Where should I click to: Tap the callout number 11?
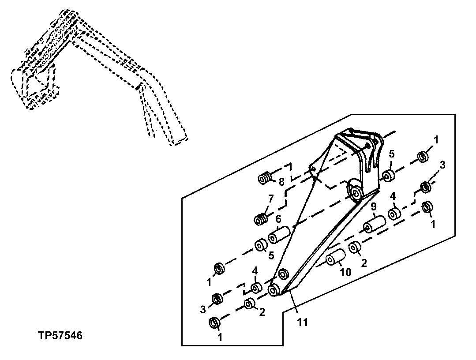tap(303, 322)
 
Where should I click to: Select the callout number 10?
tap(345, 273)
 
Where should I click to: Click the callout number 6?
tap(278, 219)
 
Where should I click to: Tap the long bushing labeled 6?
tap(279, 234)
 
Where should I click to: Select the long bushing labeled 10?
tap(336, 259)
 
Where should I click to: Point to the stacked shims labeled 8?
tap(265, 179)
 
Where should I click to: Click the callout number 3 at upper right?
tap(442, 165)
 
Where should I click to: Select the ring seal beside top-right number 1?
tap(423, 156)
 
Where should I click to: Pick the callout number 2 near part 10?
tap(364, 264)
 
